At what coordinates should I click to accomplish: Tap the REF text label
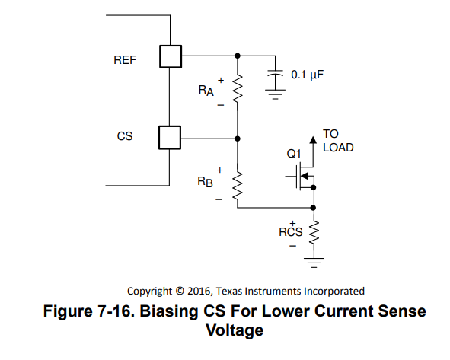(x=125, y=60)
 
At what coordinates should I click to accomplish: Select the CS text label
(x=125, y=136)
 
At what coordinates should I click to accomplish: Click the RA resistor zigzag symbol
(x=238, y=88)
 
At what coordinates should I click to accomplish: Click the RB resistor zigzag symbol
(x=238, y=186)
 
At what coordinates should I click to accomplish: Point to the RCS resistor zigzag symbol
(x=314, y=232)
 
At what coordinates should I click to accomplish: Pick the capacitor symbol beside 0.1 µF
(x=275, y=73)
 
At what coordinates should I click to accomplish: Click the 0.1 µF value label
(x=308, y=75)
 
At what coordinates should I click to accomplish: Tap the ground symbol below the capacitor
(x=275, y=94)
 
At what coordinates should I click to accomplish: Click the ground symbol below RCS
(x=314, y=263)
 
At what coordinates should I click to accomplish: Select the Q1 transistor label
(x=294, y=154)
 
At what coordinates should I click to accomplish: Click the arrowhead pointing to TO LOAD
(x=313, y=140)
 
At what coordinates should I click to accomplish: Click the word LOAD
(x=338, y=148)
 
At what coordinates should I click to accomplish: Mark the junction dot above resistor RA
(x=238, y=56)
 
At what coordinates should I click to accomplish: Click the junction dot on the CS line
(x=238, y=139)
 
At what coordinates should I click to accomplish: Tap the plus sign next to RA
(x=221, y=81)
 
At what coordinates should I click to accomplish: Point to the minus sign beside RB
(x=219, y=199)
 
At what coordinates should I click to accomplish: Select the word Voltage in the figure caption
(x=235, y=330)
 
